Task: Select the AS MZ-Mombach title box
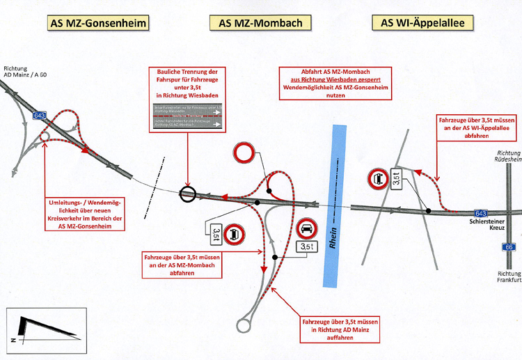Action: (x=260, y=24)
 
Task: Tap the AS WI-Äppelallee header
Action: (x=422, y=24)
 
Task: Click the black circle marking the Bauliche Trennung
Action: (x=187, y=194)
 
